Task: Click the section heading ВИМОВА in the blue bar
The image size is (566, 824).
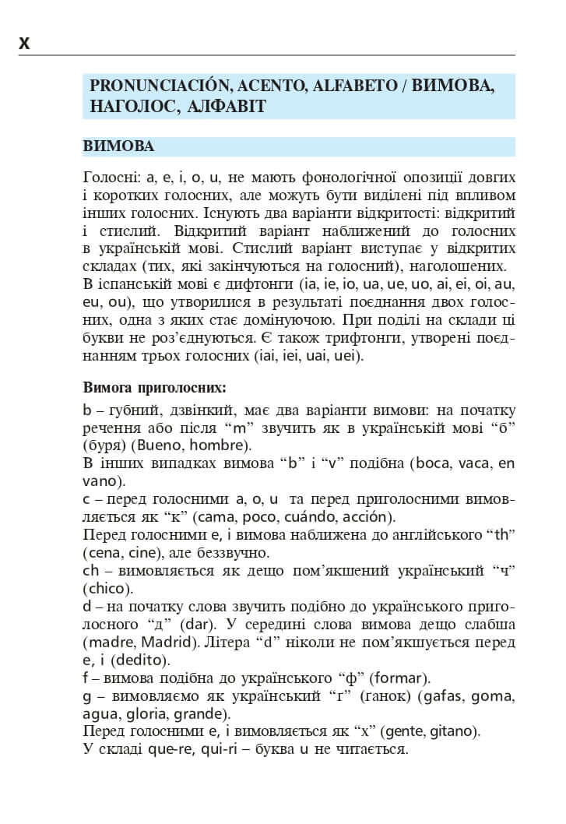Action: pyautogui.click(x=118, y=146)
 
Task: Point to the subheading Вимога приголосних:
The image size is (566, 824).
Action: pyautogui.click(x=154, y=387)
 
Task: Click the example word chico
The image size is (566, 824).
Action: pyautogui.click(x=105, y=588)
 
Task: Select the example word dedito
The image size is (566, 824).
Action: pyautogui.click(x=143, y=660)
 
